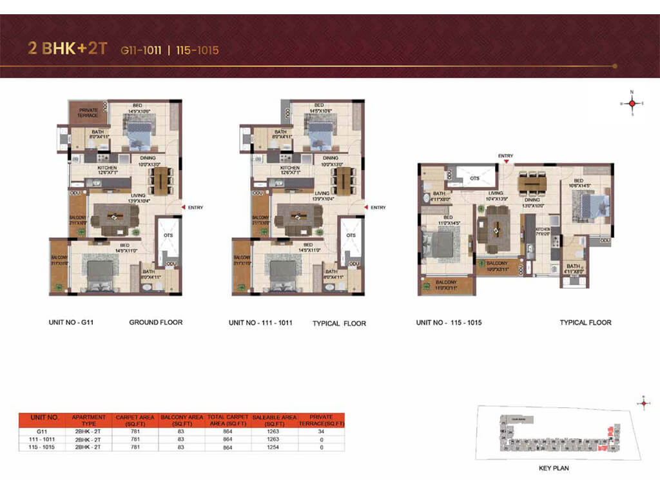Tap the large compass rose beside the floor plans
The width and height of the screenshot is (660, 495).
pos(632,103)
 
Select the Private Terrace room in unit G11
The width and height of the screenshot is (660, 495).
pos(88,113)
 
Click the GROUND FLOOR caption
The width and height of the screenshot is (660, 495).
pos(155,322)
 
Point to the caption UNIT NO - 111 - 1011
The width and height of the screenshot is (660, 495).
pos(260,322)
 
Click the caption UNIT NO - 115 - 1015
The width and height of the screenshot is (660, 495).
pos(449,322)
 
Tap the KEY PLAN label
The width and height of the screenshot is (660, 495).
pos(554,468)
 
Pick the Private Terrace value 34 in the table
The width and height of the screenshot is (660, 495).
pos(320,432)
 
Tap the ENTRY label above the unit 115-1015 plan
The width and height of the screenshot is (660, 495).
pos(505,156)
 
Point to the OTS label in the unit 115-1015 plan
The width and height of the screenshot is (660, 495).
pos(474,178)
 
